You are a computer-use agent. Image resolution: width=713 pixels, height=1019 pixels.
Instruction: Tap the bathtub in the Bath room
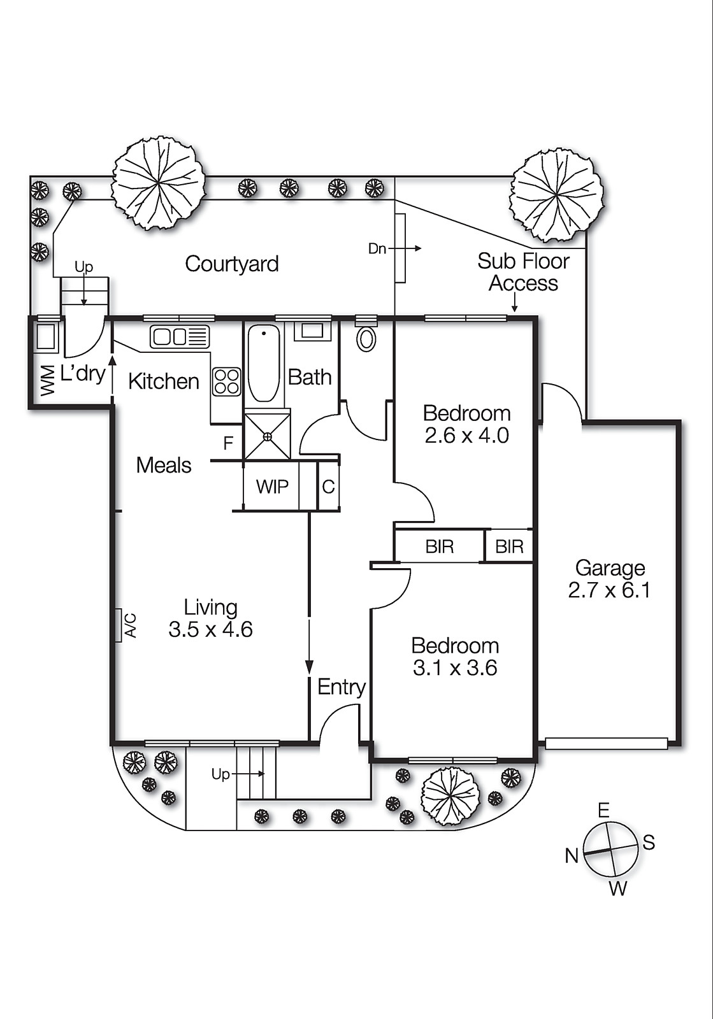pos(263,364)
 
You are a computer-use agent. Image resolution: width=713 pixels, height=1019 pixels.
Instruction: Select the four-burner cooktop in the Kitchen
pos(227,381)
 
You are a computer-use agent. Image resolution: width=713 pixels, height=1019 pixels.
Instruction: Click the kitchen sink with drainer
pos(180,336)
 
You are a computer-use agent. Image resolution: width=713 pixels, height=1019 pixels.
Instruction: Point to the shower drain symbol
pos(268,436)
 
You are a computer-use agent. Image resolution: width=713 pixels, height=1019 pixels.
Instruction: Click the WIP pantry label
pos(272,487)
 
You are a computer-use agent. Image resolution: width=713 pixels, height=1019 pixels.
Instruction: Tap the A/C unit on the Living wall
pos(119,625)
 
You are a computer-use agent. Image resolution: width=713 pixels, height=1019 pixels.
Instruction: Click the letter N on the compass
pos(572,855)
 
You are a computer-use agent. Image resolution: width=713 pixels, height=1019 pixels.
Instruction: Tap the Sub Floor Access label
pos(523,272)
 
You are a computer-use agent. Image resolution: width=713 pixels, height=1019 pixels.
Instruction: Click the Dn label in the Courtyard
pos(377,249)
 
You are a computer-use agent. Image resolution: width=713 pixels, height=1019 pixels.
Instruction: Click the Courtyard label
pos(232,264)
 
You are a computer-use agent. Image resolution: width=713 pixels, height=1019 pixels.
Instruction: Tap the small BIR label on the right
pos(509,546)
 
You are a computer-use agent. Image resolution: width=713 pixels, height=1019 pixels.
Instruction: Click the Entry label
pos(342,687)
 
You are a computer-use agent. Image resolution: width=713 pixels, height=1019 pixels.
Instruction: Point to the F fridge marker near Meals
pos(228,443)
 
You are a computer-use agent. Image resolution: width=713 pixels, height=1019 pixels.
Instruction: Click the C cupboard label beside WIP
pos(328,487)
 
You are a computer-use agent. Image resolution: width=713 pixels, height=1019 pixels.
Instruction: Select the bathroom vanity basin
pos(312,331)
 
